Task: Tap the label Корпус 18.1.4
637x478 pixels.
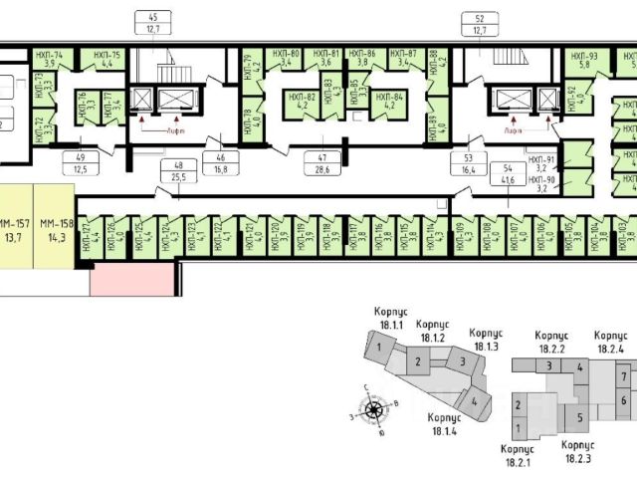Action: [443, 422]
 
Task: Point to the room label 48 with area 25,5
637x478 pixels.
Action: [179, 170]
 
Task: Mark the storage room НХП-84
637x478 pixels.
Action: [389, 103]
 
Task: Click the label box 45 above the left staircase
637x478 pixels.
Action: [152, 23]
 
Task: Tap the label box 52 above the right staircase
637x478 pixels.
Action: [481, 23]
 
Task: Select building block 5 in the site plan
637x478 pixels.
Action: [577, 416]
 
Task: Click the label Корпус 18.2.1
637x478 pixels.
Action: [517, 455]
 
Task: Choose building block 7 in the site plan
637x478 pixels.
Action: [623, 378]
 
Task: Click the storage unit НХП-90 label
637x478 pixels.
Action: [542, 182]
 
